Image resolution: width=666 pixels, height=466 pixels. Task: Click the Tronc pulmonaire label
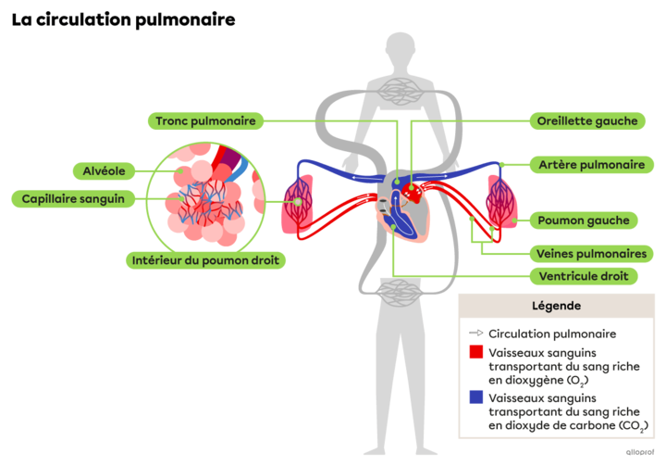pyautogui.click(x=206, y=120)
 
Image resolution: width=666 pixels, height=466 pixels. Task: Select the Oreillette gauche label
pyautogui.click(x=586, y=120)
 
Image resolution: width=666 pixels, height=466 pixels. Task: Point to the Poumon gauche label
pyautogui.click(x=585, y=220)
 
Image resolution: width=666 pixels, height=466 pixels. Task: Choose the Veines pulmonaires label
pyautogui.click(x=591, y=253)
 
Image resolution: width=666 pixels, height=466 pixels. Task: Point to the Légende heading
pyautogui.click(x=557, y=305)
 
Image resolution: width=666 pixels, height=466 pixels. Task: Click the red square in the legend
pyautogui.click(x=476, y=353)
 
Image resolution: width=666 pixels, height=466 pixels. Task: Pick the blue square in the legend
pyautogui.click(x=476, y=397)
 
